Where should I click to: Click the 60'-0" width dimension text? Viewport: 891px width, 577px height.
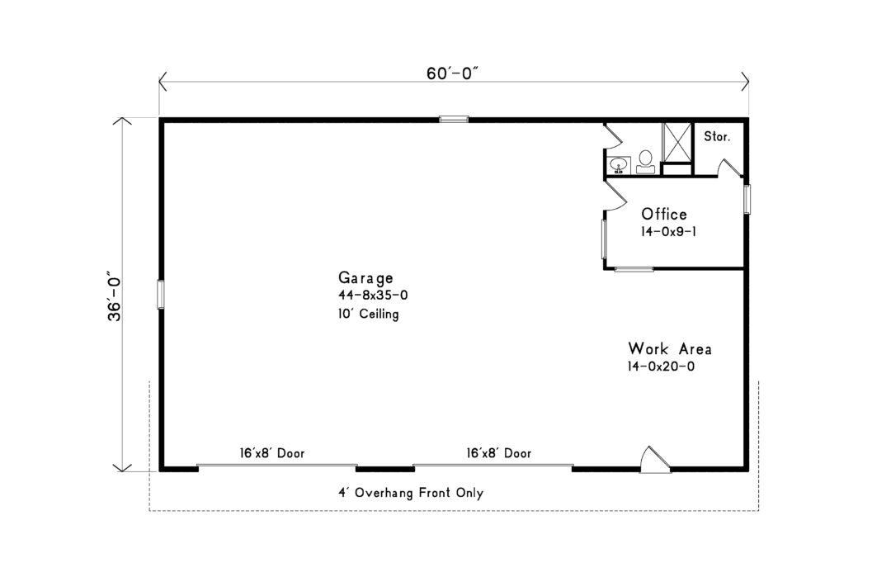453,73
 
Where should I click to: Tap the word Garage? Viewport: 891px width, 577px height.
365,277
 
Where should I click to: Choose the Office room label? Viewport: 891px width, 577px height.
664,215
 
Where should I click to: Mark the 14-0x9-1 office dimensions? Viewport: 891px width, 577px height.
668,233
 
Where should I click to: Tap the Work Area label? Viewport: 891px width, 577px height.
669,348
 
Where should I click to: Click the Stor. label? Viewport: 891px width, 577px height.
716,137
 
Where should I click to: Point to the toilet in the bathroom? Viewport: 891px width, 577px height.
645,160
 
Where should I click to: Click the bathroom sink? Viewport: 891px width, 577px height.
618,165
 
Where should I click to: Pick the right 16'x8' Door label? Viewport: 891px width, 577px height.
498,453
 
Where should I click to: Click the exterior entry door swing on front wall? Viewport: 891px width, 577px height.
656,460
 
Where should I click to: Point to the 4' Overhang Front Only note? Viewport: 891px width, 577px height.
410,493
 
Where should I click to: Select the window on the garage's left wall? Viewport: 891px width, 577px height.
162,294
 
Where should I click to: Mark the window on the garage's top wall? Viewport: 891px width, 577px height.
454,120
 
